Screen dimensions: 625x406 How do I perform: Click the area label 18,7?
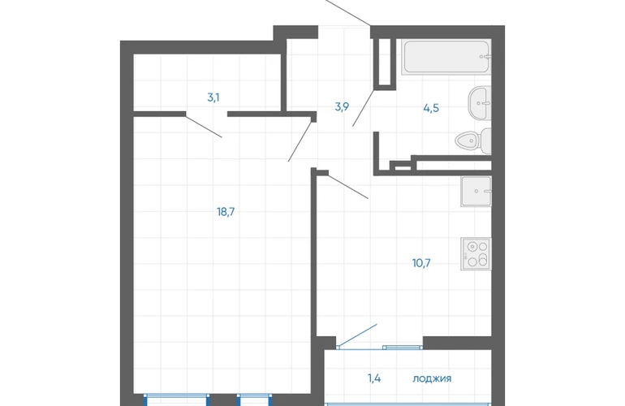pyautogui.click(x=226, y=212)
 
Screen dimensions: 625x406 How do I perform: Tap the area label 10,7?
pyautogui.click(x=421, y=263)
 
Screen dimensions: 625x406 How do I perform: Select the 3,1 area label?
pyautogui.click(x=213, y=97)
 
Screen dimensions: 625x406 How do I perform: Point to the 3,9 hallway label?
pyautogui.click(x=342, y=107)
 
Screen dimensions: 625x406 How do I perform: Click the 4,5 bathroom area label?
pyautogui.click(x=431, y=108)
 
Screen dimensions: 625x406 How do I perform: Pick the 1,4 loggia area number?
pyautogui.click(x=374, y=378)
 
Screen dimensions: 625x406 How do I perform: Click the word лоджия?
pyautogui.click(x=432, y=378)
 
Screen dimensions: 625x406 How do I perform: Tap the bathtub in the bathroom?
pyautogui.click(x=446, y=57)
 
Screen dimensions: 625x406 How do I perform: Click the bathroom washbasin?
pyautogui.click(x=480, y=103)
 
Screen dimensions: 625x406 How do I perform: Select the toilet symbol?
pyautogui.click(x=473, y=140)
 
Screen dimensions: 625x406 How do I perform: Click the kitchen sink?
pyautogui.click(x=476, y=192)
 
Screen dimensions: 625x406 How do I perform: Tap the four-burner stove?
pyautogui.click(x=476, y=254)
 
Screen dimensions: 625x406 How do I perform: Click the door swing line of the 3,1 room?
pyautogui.click(x=204, y=127)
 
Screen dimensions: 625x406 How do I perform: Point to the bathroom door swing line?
pyautogui.click(x=363, y=108)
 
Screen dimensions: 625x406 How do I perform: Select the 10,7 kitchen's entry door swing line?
pyautogui.click(x=348, y=186)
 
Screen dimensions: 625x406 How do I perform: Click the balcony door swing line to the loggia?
pyautogui.click(x=357, y=335)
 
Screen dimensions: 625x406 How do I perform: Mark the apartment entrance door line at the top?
pyautogui.click(x=348, y=13)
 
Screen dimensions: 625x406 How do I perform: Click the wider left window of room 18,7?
pyautogui.click(x=177, y=400)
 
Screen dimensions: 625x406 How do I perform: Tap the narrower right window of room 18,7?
pyautogui.click(x=255, y=400)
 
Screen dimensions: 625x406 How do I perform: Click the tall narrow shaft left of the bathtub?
pyautogui.click(x=385, y=62)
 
